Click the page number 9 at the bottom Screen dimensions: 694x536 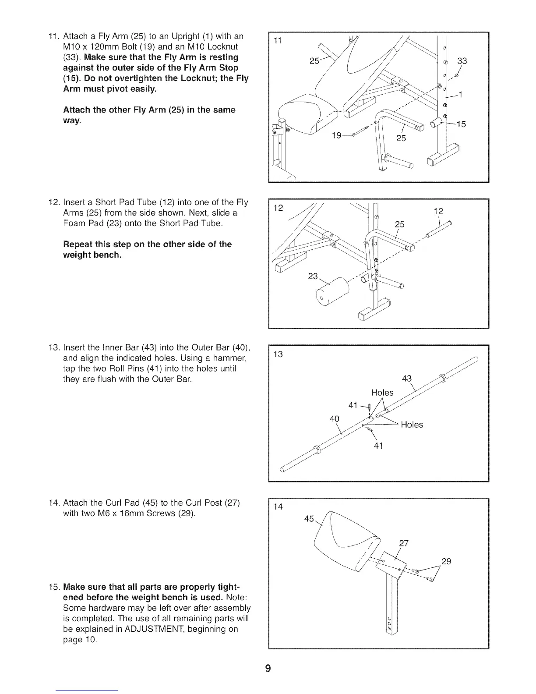268,668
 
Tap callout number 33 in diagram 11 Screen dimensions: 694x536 462,61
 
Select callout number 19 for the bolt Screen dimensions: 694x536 336,135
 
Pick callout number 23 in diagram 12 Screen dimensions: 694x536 313,276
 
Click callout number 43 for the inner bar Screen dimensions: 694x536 407,379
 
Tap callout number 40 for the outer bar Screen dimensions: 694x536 334,418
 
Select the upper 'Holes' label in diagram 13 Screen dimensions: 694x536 382,393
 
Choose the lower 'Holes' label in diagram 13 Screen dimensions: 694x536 412,425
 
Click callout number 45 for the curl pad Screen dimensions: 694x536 309,519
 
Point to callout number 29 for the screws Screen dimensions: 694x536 446,562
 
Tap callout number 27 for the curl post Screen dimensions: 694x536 404,544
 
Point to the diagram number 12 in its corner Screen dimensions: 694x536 278,208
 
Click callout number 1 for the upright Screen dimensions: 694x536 460,95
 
